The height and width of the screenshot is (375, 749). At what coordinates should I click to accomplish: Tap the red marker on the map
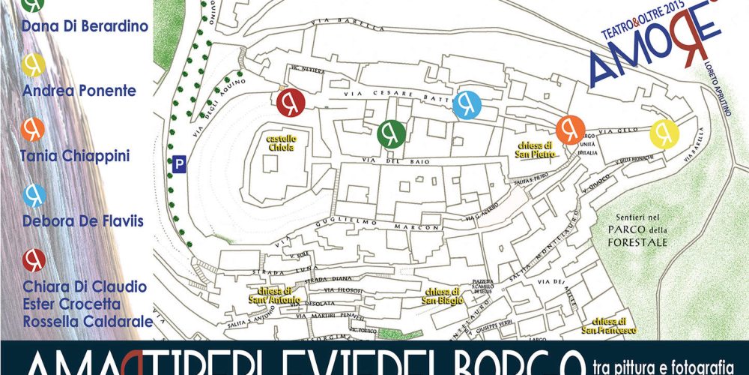pyautogui.click(x=291, y=103)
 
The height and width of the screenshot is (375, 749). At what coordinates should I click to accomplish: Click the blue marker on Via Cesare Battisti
pyautogui.click(x=467, y=105)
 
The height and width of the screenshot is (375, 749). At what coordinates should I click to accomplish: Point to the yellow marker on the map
pyautogui.click(x=664, y=133)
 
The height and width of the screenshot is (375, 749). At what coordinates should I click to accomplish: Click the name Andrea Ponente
pyautogui.click(x=79, y=91)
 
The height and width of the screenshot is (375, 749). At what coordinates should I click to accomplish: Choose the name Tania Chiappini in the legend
pyautogui.click(x=76, y=156)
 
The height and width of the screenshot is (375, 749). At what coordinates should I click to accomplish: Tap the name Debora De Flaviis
pyautogui.click(x=84, y=221)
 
